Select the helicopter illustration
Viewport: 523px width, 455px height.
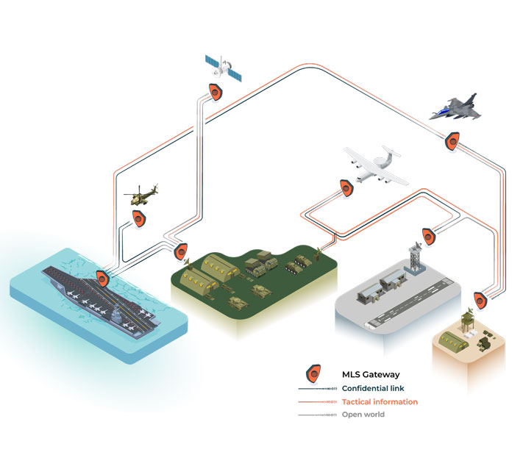pos(142,195)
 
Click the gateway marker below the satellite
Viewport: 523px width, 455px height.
pos(216,92)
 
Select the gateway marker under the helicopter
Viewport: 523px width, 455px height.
pos(138,218)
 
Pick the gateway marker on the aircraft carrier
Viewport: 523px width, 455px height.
pos(102,279)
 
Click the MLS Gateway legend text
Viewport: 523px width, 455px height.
pos(371,375)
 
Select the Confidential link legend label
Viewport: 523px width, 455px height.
pos(374,388)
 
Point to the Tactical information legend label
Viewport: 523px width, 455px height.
pos(380,402)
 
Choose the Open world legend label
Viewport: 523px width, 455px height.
pos(363,415)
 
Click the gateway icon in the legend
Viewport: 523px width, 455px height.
pos(314,375)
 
